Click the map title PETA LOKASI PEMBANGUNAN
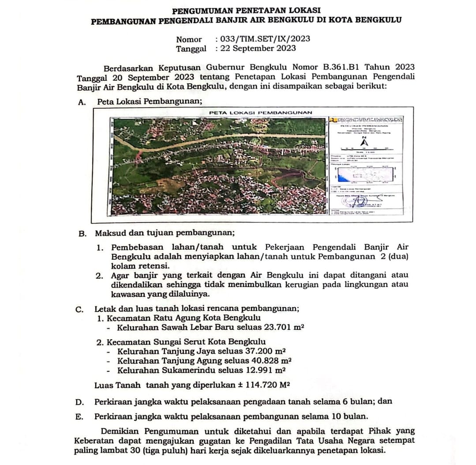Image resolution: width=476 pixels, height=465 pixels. (x=260, y=112)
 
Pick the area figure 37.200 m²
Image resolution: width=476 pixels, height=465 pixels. (x=262, y=352)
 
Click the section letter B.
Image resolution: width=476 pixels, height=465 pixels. (x=82, y=233)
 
